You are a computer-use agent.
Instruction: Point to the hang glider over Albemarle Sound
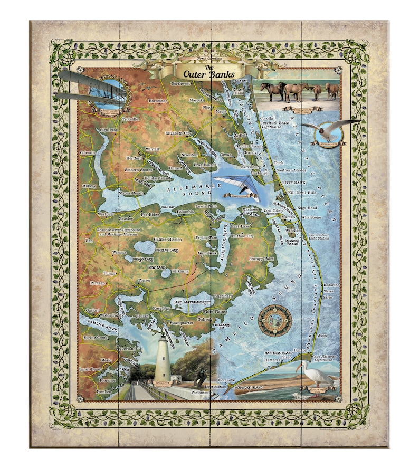(237, 186)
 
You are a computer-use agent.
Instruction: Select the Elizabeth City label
(178, 133)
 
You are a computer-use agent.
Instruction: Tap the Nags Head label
(307, 208)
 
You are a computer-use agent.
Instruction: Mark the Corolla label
(268, 119)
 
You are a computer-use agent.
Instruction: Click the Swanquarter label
(183, 322)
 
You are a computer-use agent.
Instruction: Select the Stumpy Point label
(262, 259)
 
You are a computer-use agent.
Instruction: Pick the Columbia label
(186, 212)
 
